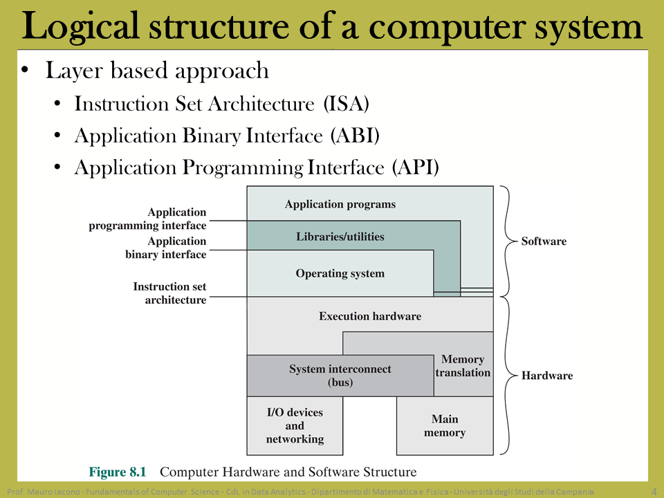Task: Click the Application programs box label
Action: [340, 205]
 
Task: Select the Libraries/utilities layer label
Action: [340, 237]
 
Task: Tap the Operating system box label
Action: [340, 274]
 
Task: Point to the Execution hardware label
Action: [370, 316]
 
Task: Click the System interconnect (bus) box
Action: [340, 376]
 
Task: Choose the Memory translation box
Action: [463, 365]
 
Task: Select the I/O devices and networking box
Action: [295, 425]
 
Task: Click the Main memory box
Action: [445, 425]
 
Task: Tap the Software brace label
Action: [544, 241]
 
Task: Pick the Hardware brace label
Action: [546, 376]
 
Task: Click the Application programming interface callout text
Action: [147, 219]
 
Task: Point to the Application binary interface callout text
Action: [165, 248]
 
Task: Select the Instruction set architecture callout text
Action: [170, 293]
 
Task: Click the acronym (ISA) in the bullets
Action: [346, 104]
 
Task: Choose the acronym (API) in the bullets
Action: [416, 167]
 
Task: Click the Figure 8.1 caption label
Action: [118, 472]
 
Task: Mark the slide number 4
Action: [654, 492]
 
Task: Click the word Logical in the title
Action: [80, 26]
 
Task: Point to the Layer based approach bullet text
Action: [157, 71]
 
